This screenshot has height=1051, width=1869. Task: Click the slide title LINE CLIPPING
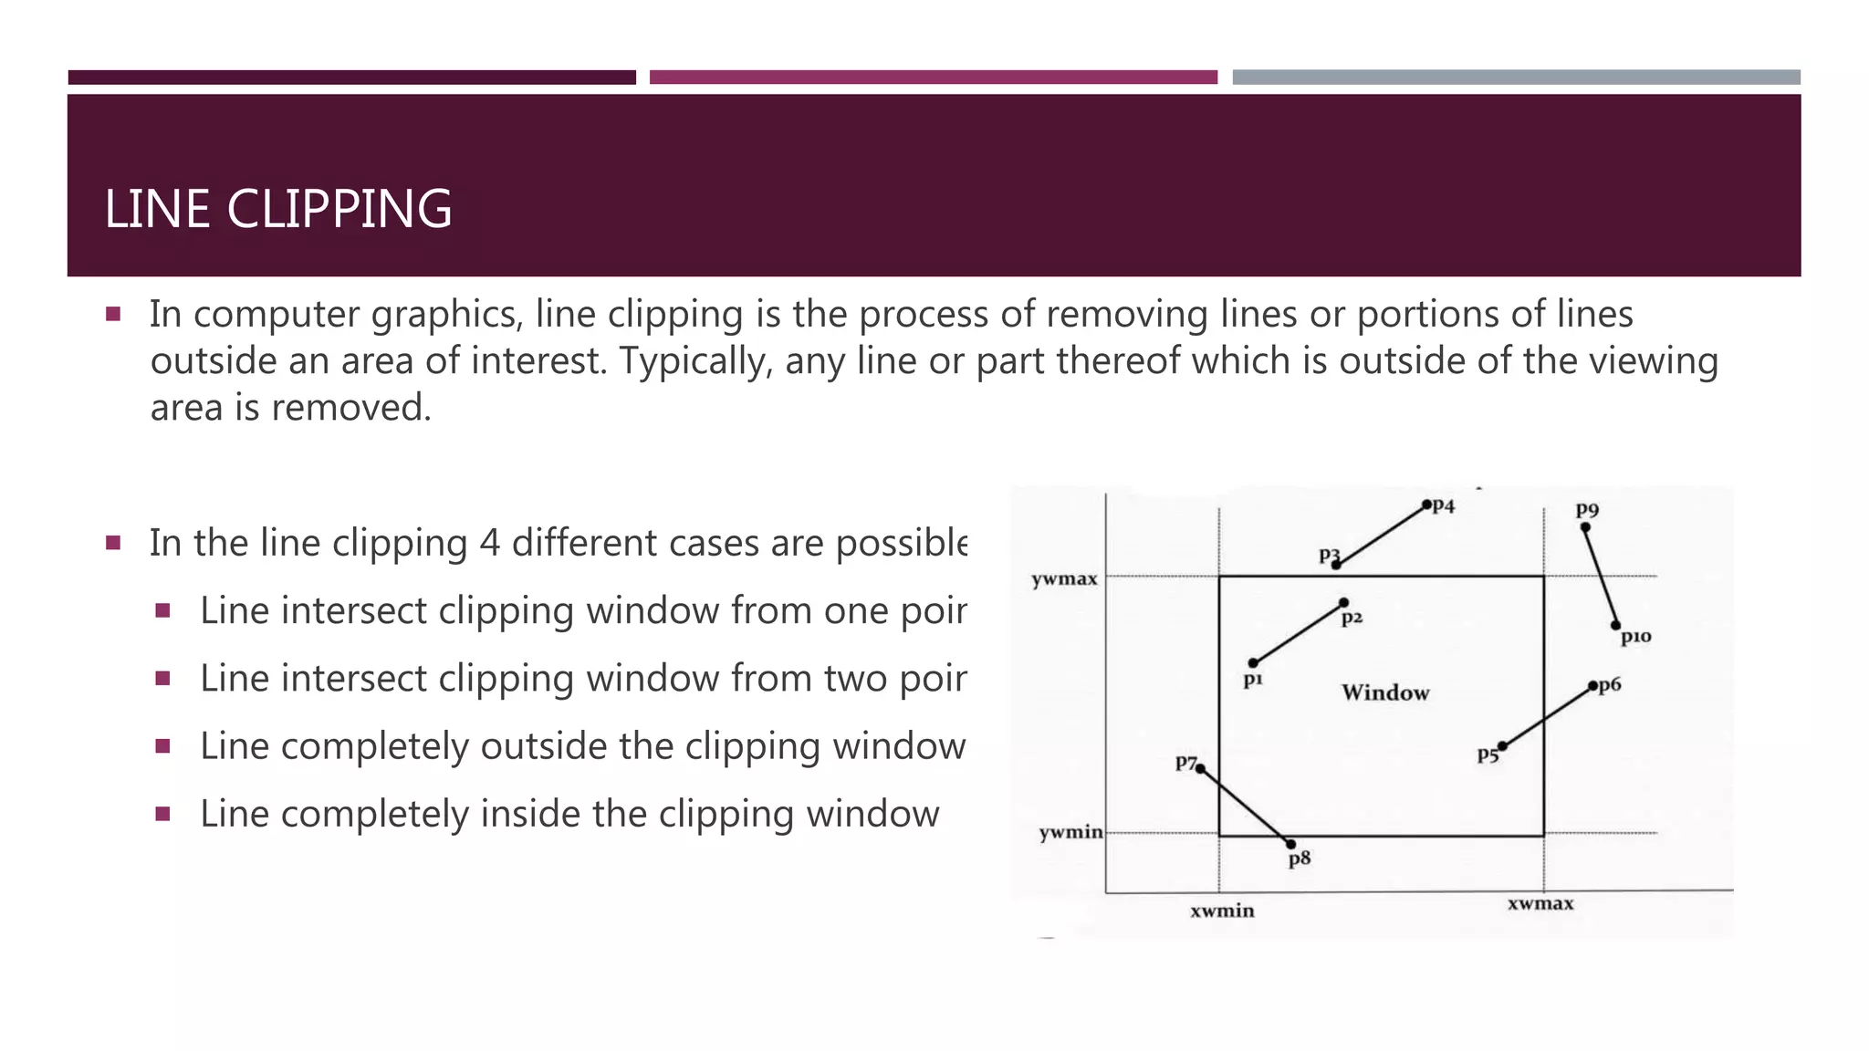(x=278, y=209)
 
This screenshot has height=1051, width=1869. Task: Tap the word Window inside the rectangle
(x=1384, y=692)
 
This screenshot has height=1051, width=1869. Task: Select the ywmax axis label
(x=1064, y=579)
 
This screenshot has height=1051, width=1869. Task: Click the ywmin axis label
(x=1070, y=832)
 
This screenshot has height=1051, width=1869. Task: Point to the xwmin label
(x=1222, y=911)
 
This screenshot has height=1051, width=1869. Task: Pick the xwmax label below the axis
(x=1540, y=903)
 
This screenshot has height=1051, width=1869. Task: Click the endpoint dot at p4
(x=1426, y=505)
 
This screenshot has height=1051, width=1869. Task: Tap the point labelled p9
(x=1585, y=527)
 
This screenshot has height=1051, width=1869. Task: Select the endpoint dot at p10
(x=1615, y=626)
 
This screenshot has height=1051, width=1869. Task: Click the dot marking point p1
(x=1253, y=663)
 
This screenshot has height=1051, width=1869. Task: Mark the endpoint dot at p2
(x=1343, y=603)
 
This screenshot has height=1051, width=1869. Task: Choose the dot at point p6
(x=1592, y=686)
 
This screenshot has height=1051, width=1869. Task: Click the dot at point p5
(x=1502, y=746)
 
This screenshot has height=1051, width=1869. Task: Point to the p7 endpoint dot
(x=1201, y=769)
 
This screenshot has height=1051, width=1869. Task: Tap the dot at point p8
(x=1290, y=844)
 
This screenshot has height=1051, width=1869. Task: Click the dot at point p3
(x=1336, y=565)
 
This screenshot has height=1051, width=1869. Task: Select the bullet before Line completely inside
(x=163, y=814)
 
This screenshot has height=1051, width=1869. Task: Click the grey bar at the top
(x=1516, y=78)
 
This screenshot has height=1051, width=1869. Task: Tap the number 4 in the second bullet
(x=489, y=543)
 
